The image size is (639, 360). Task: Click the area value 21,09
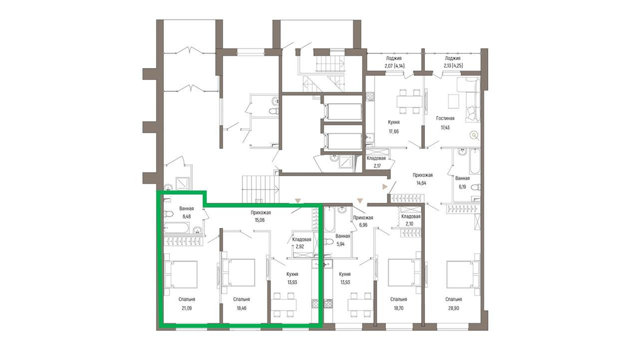coord(186,308)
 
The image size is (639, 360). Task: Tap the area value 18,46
coord(241,308)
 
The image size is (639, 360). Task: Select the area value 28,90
coord(454,308)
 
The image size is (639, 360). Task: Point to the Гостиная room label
coord(445,118)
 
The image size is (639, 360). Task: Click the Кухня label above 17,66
coord(393,123)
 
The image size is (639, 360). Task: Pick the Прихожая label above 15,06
coord(261,213)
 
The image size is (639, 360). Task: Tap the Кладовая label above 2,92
coord(302,239)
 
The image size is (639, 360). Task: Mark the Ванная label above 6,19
coord(463,178)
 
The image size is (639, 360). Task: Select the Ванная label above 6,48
coord(186,208)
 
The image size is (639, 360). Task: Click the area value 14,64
coord(421,183)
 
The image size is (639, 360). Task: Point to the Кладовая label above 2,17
coord(376,158)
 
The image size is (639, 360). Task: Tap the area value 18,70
coord(399,308)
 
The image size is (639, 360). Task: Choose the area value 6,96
coord(363,224)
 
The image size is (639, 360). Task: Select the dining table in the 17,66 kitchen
coord(410,101)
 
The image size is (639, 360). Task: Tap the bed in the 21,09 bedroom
coord(180,274)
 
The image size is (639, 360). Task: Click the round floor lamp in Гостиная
coord(473,136)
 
